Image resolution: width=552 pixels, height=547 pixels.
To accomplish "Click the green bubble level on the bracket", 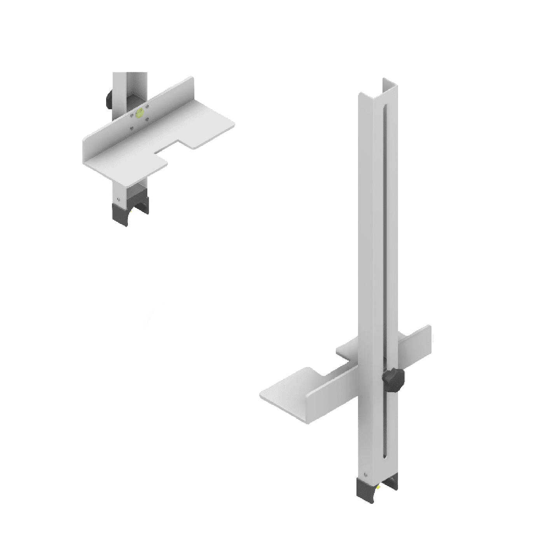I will pos(139,113).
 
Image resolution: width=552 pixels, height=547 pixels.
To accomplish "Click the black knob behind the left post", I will pos(108,98).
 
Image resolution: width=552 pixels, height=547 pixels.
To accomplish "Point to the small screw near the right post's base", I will pos(365,474).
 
